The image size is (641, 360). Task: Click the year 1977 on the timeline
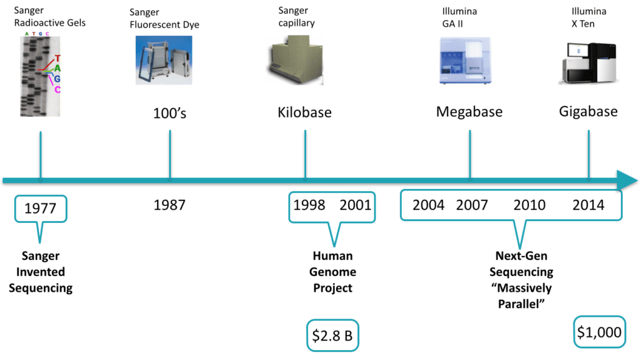pos(40,208)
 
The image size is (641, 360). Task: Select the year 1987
pos(170,205)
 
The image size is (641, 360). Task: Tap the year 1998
pos(309,205)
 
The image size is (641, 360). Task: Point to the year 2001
pos(356,205)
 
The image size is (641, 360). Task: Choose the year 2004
pos(429,205)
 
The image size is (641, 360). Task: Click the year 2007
pos(472,205)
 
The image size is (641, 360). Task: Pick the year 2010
pos(530,205)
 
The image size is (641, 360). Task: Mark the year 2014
pos(588,205)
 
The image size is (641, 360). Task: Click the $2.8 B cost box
pos(332,336)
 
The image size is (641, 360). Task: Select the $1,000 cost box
pos(599,332)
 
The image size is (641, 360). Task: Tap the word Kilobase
pos(305,113)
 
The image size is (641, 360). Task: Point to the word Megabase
pos(469,112)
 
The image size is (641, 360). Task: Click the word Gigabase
pos(588,112)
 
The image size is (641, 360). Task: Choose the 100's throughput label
pos(170,113)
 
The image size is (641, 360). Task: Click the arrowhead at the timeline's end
pos(627,180)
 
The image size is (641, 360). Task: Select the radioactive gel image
pos(39,74)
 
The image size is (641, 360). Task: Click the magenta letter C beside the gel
pos(57,90)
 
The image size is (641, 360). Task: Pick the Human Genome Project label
pos(332,272)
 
